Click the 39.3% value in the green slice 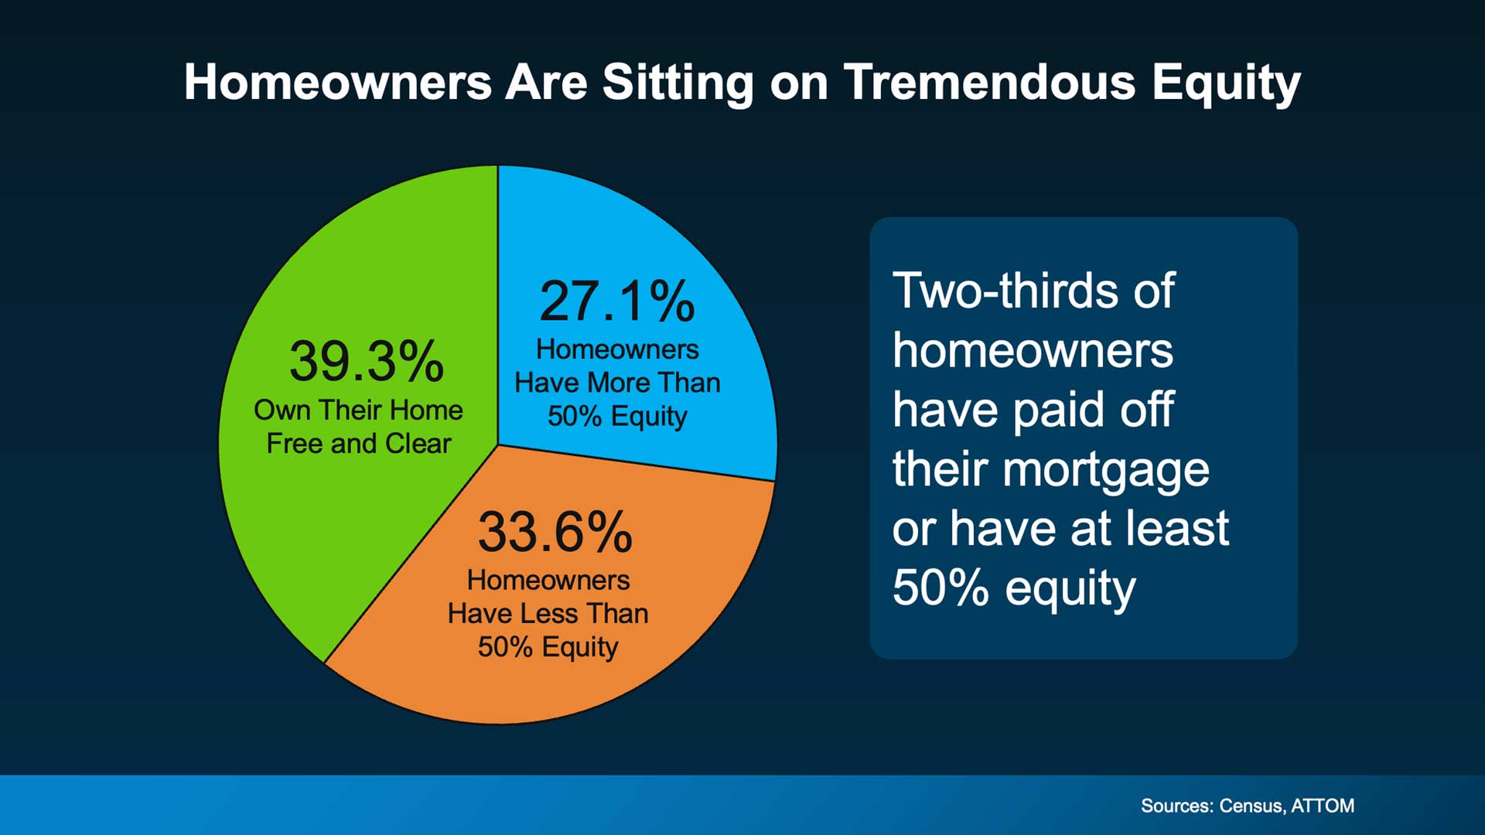click(367, 361)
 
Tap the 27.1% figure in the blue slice click(616, 301)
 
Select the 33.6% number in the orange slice click(555, 532)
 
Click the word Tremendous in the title click(989, 81)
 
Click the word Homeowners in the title click(338, 81)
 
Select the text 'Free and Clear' click(359, 444)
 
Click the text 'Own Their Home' click(358, 410)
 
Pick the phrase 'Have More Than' click(617, 383)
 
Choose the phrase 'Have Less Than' click(548, 613)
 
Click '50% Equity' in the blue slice click(617, 416)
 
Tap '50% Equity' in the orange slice click(548, 647)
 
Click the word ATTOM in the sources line click(1323, 806)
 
